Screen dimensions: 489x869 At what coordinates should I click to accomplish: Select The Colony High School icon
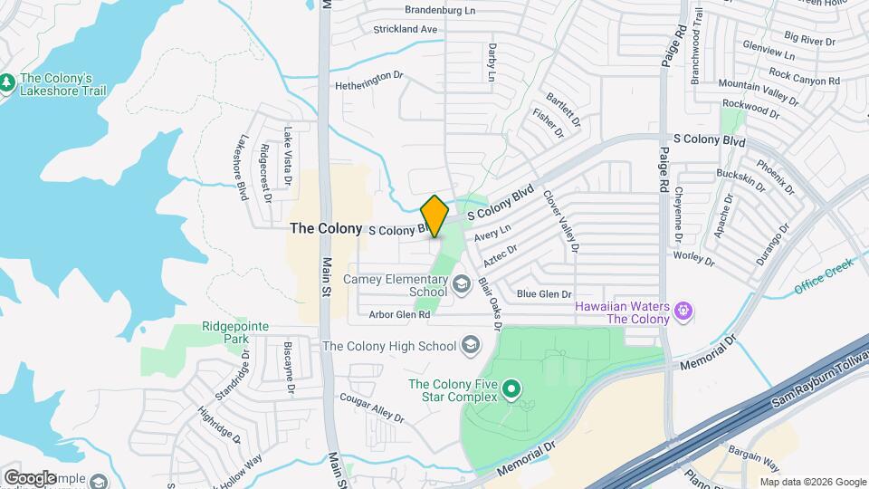471,345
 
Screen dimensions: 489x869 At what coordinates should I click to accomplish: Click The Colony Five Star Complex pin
511,390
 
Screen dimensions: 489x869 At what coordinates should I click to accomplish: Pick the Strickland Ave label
406,30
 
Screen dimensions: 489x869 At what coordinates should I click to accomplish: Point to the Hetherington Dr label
368,76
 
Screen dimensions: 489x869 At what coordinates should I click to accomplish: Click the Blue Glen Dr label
544,294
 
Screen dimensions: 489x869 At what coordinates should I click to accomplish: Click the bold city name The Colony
326,229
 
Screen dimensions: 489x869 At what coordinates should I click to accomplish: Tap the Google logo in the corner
31,477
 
